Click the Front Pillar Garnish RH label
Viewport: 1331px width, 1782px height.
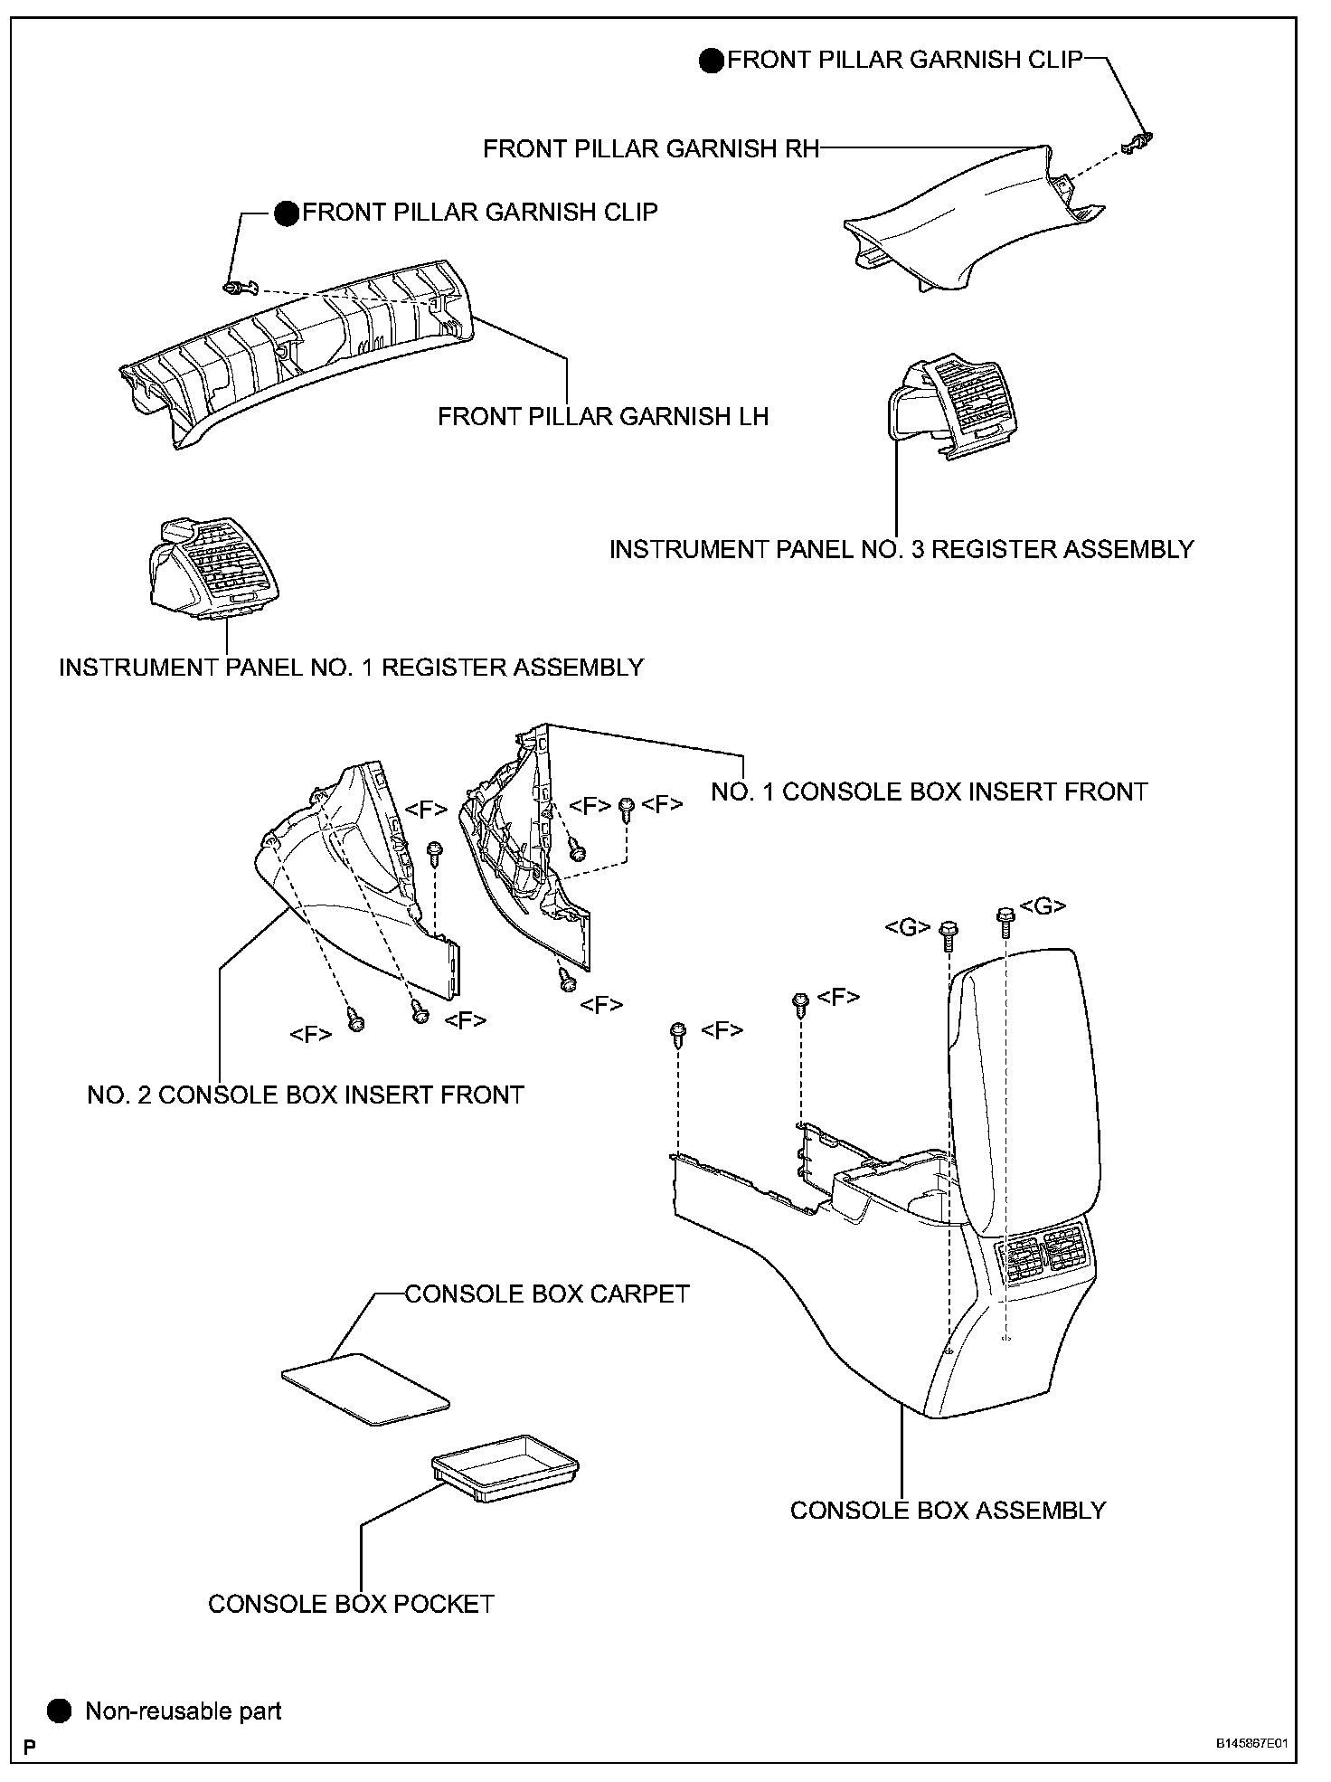651,148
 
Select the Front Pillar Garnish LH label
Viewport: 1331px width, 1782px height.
603,416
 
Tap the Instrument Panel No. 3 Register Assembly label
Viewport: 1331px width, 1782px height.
901,549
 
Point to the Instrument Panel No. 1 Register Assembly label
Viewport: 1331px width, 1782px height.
351,668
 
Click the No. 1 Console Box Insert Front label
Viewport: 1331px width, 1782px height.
929,791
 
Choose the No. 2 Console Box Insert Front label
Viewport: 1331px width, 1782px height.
306,1095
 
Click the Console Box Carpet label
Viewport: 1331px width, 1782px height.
547,1294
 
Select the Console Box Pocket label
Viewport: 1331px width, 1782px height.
351,1604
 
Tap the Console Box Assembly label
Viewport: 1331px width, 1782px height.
948,1511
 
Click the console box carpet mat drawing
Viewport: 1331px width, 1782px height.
365,1389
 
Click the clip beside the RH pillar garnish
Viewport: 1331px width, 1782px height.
1138,142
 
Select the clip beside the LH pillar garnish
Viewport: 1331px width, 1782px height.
237,288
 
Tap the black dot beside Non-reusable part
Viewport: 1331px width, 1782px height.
60,1711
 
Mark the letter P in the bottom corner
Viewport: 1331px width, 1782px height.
30,1747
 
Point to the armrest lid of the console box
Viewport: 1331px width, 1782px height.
1026,1085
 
